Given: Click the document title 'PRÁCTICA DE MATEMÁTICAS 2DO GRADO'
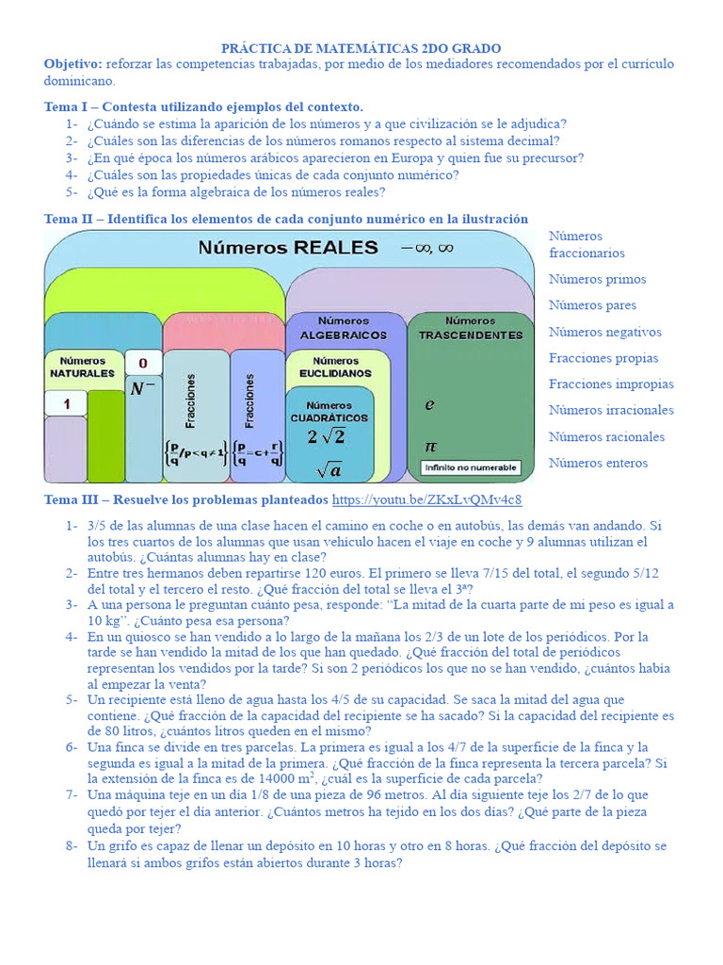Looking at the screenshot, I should click(x=361, y=48).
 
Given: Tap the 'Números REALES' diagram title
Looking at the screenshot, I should click(x=287, y=248).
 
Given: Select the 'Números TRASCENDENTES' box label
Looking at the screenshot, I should click(x=470, y=328).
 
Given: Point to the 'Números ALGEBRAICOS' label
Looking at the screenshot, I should click(x=344, y=328).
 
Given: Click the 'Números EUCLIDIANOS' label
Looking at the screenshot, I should click(x=336, y=367).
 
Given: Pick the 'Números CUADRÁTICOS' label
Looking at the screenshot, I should click(x=329, y=411).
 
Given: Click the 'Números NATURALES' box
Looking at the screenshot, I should click(x=82, y=367).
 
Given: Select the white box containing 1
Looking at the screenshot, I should click(x=67, y=404).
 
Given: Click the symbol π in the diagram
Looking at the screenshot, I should click(x=430, y=445).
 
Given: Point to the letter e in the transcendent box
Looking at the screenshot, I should click(x=429, y=405).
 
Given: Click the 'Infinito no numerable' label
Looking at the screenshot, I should click(x=470, y=467).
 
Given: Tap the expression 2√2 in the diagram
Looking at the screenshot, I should click(x=327, y=436).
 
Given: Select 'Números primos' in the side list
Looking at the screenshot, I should click(x=598, y=279).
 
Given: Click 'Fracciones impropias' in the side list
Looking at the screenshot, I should click(x=611, y=384).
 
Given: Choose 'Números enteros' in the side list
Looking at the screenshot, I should click(x=598, y=463).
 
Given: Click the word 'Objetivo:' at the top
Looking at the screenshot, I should click(x=72, y=63).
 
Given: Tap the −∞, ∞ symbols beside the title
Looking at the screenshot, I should click(x=426, y=247).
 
